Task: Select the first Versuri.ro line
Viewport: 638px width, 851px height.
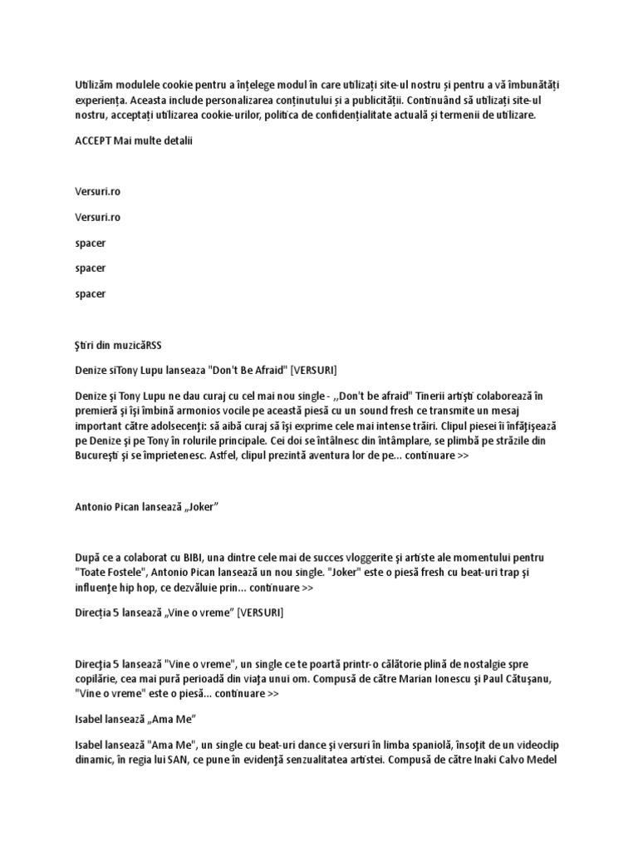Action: point(97,191)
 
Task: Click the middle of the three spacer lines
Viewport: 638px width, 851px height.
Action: point(90,268)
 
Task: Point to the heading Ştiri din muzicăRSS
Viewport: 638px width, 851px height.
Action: point(118,344)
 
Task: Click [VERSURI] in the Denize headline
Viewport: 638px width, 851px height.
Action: point(309,369)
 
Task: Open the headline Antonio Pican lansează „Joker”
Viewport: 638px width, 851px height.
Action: point(146,507)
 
